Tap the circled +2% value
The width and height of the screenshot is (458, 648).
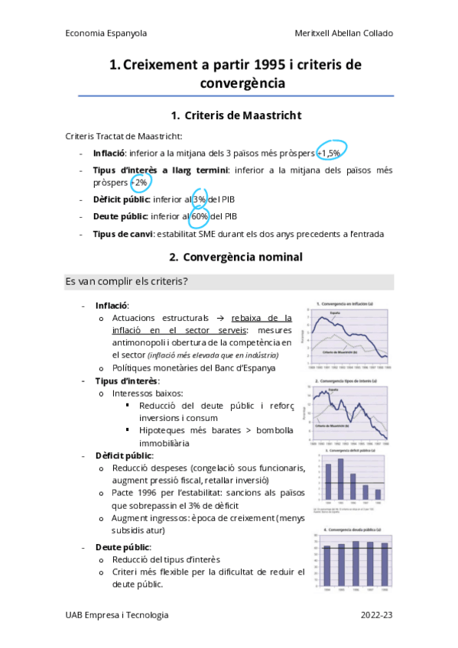coord(140,183)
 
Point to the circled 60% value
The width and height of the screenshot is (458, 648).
coord(200,216)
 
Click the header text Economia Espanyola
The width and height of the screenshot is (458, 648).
coord(106,34)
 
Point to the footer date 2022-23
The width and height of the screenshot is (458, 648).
coord(377,614)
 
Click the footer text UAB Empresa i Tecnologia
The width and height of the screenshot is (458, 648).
coord(117,614)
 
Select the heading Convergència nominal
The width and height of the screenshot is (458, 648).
coord(243,256)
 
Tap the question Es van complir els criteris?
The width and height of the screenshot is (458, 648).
coord(127,282)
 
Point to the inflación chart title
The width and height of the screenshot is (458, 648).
coord(348,303)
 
